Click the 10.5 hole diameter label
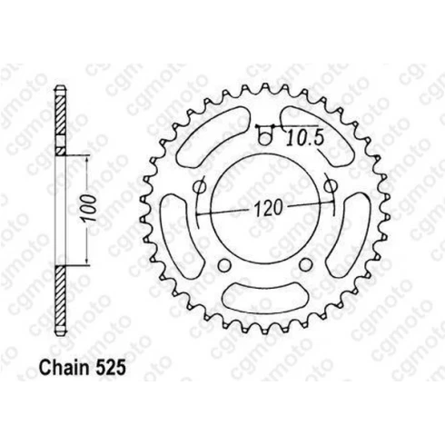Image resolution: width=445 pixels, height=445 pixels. click(305, 137)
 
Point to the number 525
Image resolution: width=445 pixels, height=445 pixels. click(110, 368)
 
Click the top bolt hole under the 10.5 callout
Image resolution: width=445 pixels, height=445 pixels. click(265, 139)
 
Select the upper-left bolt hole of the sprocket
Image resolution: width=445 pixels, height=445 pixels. click(199, 186)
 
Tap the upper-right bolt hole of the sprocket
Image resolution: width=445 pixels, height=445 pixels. click(331, 185)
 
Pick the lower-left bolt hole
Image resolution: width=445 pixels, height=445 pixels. click(224, 265)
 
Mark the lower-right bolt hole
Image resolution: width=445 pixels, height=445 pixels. click(305, 265)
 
